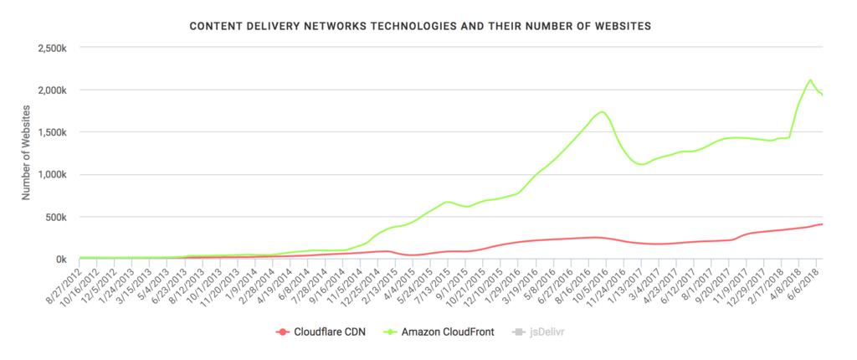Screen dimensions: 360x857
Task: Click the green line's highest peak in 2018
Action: coord(810,80)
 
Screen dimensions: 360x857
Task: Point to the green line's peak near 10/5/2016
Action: coord(602,111)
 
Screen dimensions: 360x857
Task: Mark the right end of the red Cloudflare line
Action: coord(822,224)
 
